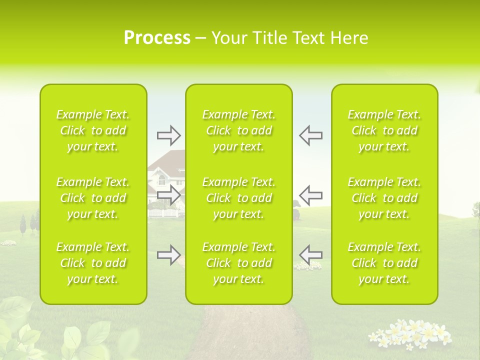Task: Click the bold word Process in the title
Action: (x=157, y=38)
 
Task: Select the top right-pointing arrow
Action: (x=168, y=135)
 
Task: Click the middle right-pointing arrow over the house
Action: (x=168, y=194)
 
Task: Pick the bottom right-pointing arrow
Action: (x=168, y=254)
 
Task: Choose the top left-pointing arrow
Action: (x=310, y=135)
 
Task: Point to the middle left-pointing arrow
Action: (x=310, y=194)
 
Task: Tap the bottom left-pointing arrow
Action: (x=310, y=254)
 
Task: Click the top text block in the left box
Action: (x=93, y=130)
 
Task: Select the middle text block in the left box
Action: (x=93, y=198)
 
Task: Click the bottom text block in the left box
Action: (x=93, y=263)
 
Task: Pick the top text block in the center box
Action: (x=239, y=130)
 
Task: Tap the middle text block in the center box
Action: (x=239, y=198)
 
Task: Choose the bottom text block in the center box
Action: (x=239, y=263)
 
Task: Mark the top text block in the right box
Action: (x=384, y=130)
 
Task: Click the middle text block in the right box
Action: (x=384, y=198)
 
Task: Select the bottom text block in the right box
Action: (x=384, y=263)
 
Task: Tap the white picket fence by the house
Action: (x=164, y=213)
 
